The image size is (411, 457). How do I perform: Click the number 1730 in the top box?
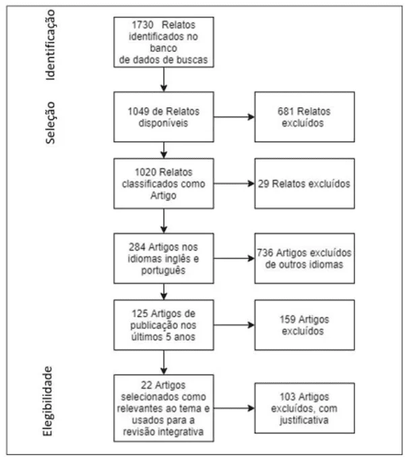click(x=143, y=25)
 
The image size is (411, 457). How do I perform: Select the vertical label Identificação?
click(x=50, y=45)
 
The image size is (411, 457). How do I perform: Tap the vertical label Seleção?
click(x=50, y=123)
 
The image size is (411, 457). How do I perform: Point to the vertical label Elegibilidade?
click(x=47, y=402)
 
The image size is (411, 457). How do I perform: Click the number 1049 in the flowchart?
click(x=139, y=111)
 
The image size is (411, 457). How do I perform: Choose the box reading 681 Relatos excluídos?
click(x=305, y=117)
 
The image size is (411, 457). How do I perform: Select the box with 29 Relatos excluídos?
click(x=305, y=184)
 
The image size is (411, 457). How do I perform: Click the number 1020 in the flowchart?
click(x=146, y=172)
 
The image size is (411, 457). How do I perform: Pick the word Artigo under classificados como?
click(x=164, y=196)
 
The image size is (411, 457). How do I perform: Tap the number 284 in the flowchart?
click(x=137, y=247)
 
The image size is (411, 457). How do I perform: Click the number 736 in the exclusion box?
click(x=265, y=253)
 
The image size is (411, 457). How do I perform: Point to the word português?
click(x=164, y=271)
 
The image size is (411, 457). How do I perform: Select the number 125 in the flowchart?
click(x=140, y=314)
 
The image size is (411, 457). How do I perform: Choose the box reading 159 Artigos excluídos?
click(x=305, y=325)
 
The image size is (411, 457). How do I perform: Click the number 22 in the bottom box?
click(x=146, y=385)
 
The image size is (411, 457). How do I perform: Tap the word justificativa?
click(x=305, y=421)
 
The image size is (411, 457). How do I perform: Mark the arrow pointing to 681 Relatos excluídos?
click(x=234, y=117)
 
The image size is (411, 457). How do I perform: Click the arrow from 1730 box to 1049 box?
click(x=164, y=79)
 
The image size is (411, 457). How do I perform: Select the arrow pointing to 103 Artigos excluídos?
click(x=234, y=408)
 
